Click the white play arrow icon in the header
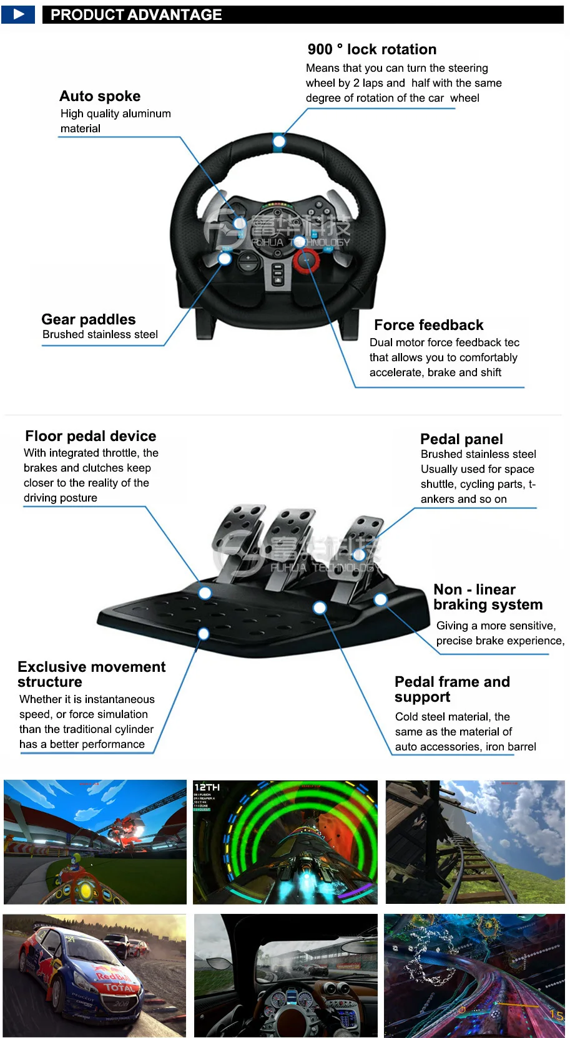coord(18,14)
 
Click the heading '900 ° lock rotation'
coord(371,49)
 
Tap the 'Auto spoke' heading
coord(100,96)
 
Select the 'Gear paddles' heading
coord(88,319)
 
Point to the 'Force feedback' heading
coord(428,325)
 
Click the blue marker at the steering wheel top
coord(279,142)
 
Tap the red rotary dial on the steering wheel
coord(307,260)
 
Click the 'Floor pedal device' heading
coord(91,436)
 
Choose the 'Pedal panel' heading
coord(461,439)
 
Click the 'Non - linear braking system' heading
coord(488,597)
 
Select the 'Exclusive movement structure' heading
coord(91,674)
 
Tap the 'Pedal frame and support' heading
coord(452,689)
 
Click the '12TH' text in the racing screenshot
coord(207,788)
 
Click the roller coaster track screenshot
coord(474,842)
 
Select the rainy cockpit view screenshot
coord(285,976)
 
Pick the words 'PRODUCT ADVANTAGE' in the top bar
coord(136,14)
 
